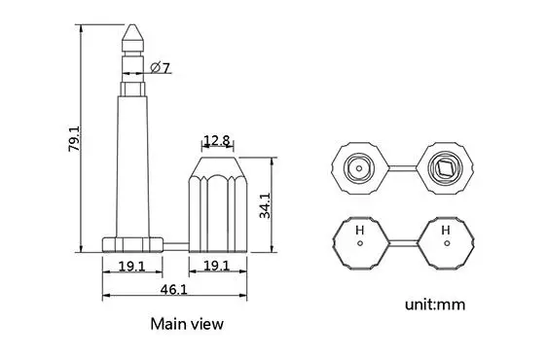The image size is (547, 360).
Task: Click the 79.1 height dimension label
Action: click(x=74, y=138)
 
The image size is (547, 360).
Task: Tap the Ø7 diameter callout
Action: click(x=161, y=67)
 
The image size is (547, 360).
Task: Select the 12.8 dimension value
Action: click(x=217, y=140)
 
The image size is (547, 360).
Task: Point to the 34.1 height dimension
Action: click(x=265, y=205)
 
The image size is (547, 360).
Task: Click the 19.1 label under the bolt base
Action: click(x=131, y=267)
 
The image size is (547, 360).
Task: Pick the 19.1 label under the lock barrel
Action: click(x=217, y=266)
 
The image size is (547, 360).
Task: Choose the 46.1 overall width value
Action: click(x=173, y=290)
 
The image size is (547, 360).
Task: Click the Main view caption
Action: click(x=187, y=324)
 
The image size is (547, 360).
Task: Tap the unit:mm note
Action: click(x=435, y=305)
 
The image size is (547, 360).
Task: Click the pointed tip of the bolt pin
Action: click(x=132, y=24)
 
